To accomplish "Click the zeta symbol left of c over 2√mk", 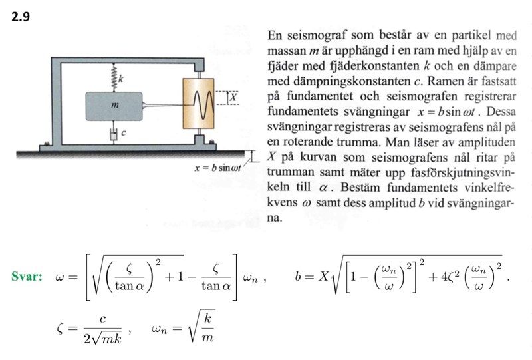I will click(63, 328).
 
